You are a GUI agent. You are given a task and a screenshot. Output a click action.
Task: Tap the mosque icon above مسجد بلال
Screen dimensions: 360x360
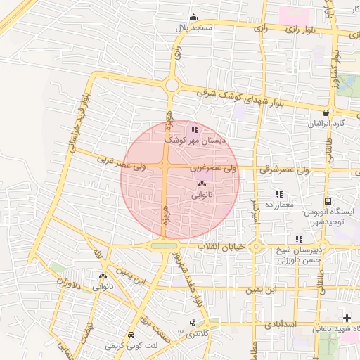coord(193,18)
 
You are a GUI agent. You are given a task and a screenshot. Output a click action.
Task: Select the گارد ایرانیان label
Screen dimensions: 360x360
coord(326,123)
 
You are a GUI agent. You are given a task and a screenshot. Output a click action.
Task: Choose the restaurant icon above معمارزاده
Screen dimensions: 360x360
coord(279,194)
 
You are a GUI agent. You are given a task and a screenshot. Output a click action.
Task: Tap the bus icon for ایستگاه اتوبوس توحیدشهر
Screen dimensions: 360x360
coord(328,201)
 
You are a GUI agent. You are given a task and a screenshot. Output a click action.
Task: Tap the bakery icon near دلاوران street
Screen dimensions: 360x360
coord(103,276)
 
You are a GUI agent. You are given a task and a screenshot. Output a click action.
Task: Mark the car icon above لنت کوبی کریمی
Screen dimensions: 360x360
coord(131,335)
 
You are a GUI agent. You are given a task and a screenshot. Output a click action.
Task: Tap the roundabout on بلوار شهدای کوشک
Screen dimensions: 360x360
coord(172,85)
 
